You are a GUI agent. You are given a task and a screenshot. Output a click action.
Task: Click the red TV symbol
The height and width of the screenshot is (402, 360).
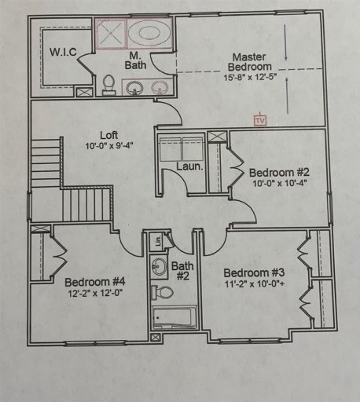pyautogui.click(x=259, y=120)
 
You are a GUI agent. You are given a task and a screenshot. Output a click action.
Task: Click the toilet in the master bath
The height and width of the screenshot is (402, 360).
pyautogui.click(x=108, y=82)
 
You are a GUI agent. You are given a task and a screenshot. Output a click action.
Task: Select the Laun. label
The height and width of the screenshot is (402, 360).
pyautogui.click(x=185, y=166)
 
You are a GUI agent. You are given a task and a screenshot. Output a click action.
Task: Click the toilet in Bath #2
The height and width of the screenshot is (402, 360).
pyautogui.click(x=163, y=293)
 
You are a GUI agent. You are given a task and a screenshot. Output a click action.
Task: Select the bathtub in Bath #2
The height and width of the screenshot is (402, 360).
pyautogui.click(x=171, y=320)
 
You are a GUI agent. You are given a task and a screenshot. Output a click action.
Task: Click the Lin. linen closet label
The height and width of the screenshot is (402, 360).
pyautogui.click(x=157, y=241)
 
